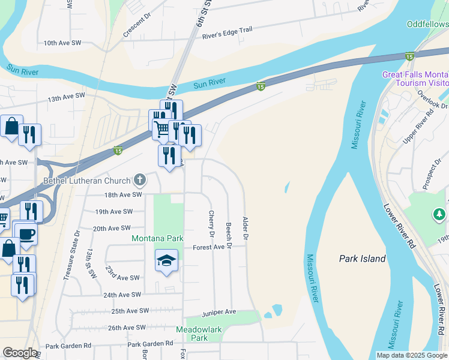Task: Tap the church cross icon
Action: pyautogui.click(x=139, y=179)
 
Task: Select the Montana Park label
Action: pyautogui.click(x=157, y=238)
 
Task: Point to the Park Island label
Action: pyautogui.click(x=362, y=259)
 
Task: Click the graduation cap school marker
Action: pyautogui.click(x=167, y=260)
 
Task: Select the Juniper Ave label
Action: pyautogui.click(x=218, y=312)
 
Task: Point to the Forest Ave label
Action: pyautogui.click(x=208, y=247)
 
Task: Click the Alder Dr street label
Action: pyautogui.click(x=245, y=227)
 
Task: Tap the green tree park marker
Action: pyautogui.click(x=439, y=214)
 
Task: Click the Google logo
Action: pyautogui.click(x=20, y=353)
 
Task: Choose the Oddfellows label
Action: pyautogui.click(x=427, y=25)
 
